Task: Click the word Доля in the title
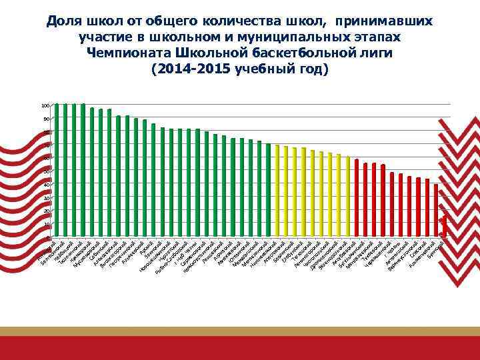(63, 22)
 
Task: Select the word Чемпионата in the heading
(137, 53)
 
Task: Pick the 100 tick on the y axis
(45, 105)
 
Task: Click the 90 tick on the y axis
(46, 119)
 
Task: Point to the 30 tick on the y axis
(46, 198)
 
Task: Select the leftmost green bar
(57, 171)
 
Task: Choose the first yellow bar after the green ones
(277, 191)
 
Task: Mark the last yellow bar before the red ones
(348, 197)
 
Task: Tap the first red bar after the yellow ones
(357, 198)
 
